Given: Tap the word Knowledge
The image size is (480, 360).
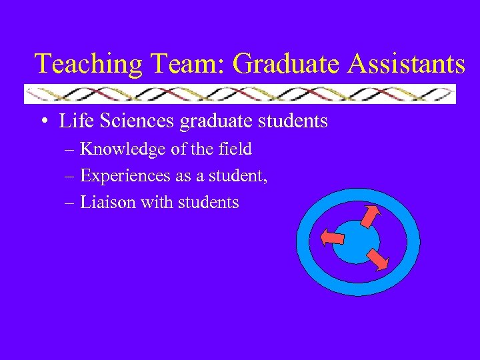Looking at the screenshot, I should (123, 149).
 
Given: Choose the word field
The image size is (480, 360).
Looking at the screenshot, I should (235, 149).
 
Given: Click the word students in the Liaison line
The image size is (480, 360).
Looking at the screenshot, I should (208, 203).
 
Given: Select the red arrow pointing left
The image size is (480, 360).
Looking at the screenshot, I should (331, 237).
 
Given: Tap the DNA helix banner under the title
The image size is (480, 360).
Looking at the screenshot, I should (240, 94).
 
